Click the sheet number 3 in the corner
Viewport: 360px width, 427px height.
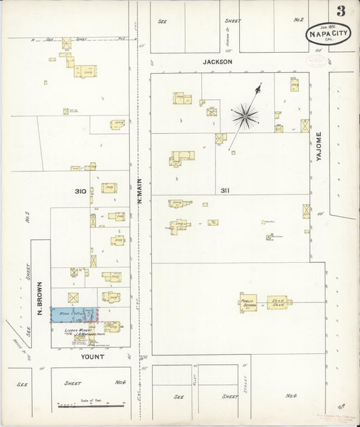pos(342,10)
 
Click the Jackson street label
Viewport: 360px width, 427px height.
pos(218,61)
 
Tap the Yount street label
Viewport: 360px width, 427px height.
pos(93,356)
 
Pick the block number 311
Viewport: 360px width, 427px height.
pos(225,191)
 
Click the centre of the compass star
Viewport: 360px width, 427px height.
pos(245,116)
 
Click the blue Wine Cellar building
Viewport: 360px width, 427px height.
pos(74,314)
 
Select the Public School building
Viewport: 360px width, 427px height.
pos(248,303)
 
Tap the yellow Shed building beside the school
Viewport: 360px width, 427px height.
pos(278,302)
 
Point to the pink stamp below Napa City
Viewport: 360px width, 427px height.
pos(315,60)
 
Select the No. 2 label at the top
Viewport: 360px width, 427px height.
pos(299,21)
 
